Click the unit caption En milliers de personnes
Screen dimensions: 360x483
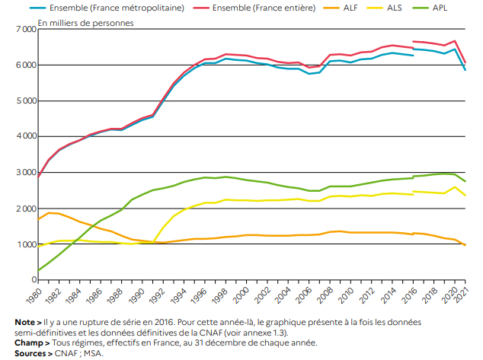pos(85,22)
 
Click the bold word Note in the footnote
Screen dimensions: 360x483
pos(24,323)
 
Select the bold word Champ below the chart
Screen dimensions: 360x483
pos(27,342)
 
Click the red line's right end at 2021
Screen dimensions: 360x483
pos(465,62)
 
